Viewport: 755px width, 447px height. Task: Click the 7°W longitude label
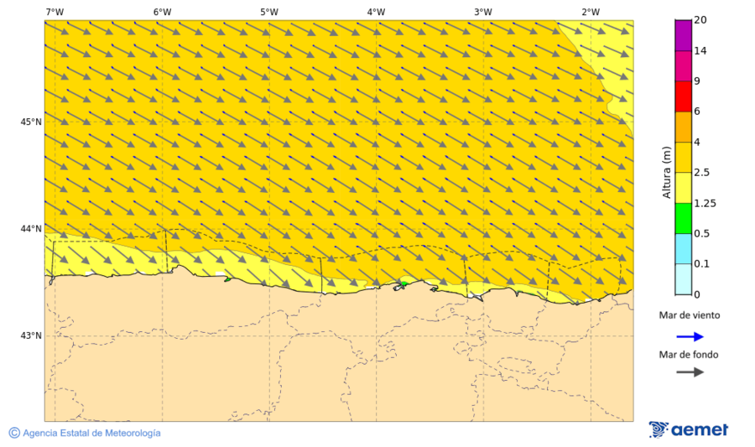pyautogui.click(x=55, y=12)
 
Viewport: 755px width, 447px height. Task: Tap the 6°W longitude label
pyautogui.click(x=162, y=12)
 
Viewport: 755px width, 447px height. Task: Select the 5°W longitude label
pyautogui.click(x=268, y=12)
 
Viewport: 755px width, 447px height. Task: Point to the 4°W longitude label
pyautogui.click(x=376, y=12)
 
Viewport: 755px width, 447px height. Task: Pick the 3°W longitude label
pyautogui.click(x=482, y=12)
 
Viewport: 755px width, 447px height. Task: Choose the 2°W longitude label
pyautogui.click(x=590, y=12)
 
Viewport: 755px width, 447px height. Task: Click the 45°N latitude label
pyautogui.click(x=31, y=122)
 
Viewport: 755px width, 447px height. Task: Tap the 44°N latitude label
pyautogui.click(x=31, y=229)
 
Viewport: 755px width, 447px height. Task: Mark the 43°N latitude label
pyautogui.click(x=31, y=336)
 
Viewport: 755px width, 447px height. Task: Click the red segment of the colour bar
pyautogui.click(x=683, y=96)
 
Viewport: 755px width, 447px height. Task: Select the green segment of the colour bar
pyautogui.click(x=683, y=218)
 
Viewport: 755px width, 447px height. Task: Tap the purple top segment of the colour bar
pyautogui.click(x=683, y=34)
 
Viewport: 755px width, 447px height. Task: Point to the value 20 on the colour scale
pyautogui.click(x=700, y=20)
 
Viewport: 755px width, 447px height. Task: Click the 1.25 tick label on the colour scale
pyautogui.click(x=705, y=203)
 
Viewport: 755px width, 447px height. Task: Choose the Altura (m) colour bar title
pyautogui.click(x=668, y=172)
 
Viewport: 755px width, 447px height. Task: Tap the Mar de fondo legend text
pyautogui.click(x=688, y=355)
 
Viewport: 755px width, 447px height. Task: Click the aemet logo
pyautogui.click(x=689, y=429)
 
